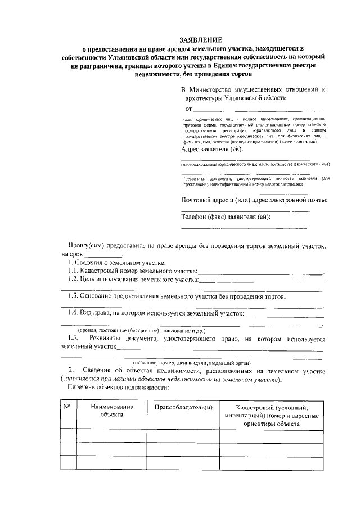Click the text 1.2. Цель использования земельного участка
[133, 280]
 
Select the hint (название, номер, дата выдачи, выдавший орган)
[191, 363]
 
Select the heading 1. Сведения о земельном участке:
[117, 263]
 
